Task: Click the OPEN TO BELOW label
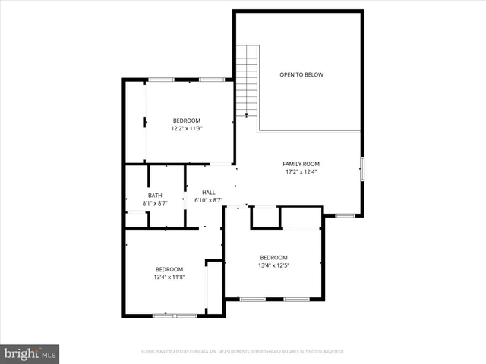301,74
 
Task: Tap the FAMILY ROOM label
301,164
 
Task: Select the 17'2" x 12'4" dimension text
301,172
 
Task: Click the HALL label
208,193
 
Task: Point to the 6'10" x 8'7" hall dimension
208,201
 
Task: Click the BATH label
155,196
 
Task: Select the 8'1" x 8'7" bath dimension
155,204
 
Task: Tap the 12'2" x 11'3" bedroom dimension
186,129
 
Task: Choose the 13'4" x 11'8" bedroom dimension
169,278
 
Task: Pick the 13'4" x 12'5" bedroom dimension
273,265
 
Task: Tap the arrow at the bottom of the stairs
246,114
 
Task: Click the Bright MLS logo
30,353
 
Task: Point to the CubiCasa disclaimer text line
243,352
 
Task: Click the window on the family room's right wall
361,168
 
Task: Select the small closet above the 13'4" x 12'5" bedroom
265,217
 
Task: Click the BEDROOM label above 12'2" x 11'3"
186,121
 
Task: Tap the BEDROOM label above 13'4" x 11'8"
169,269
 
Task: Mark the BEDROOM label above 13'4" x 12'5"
273,257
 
